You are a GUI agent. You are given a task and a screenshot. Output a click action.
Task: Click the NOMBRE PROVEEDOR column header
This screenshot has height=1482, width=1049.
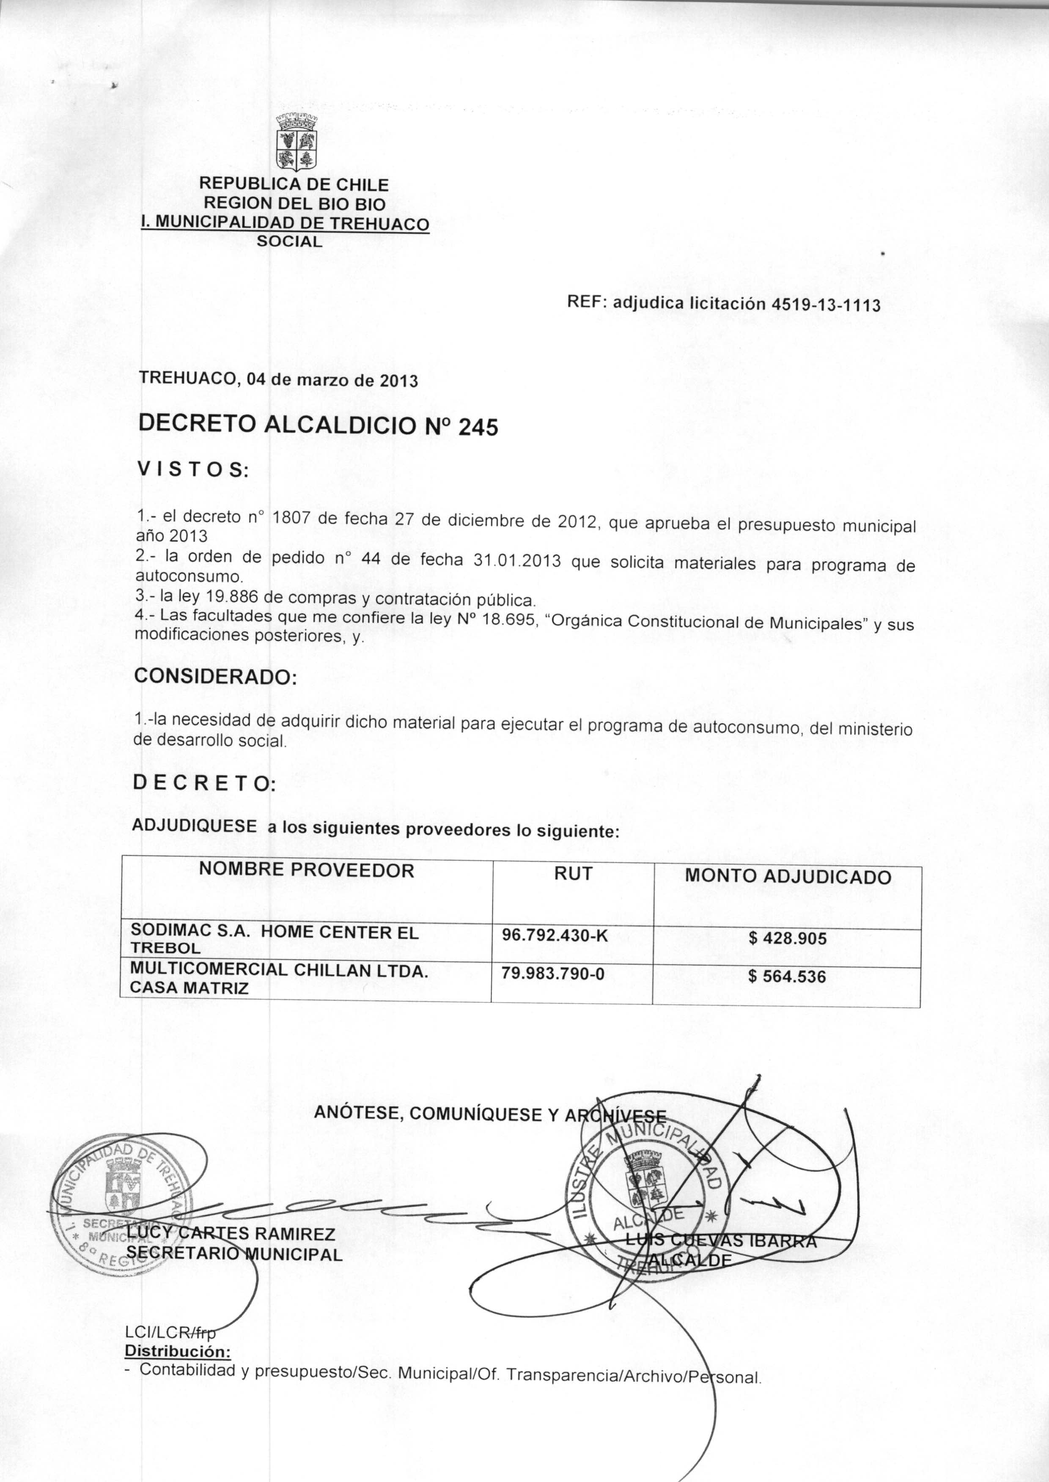306,870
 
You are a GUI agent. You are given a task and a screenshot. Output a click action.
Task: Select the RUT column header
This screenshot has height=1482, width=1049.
573,874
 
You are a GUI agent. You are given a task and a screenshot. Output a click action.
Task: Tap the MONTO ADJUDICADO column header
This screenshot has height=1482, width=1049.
788,876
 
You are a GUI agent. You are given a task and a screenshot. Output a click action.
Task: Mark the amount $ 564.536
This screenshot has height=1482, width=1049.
787,977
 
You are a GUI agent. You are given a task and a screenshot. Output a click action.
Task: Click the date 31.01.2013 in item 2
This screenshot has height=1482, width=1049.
517,560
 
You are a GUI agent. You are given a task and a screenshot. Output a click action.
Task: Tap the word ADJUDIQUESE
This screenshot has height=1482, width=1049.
194,826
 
